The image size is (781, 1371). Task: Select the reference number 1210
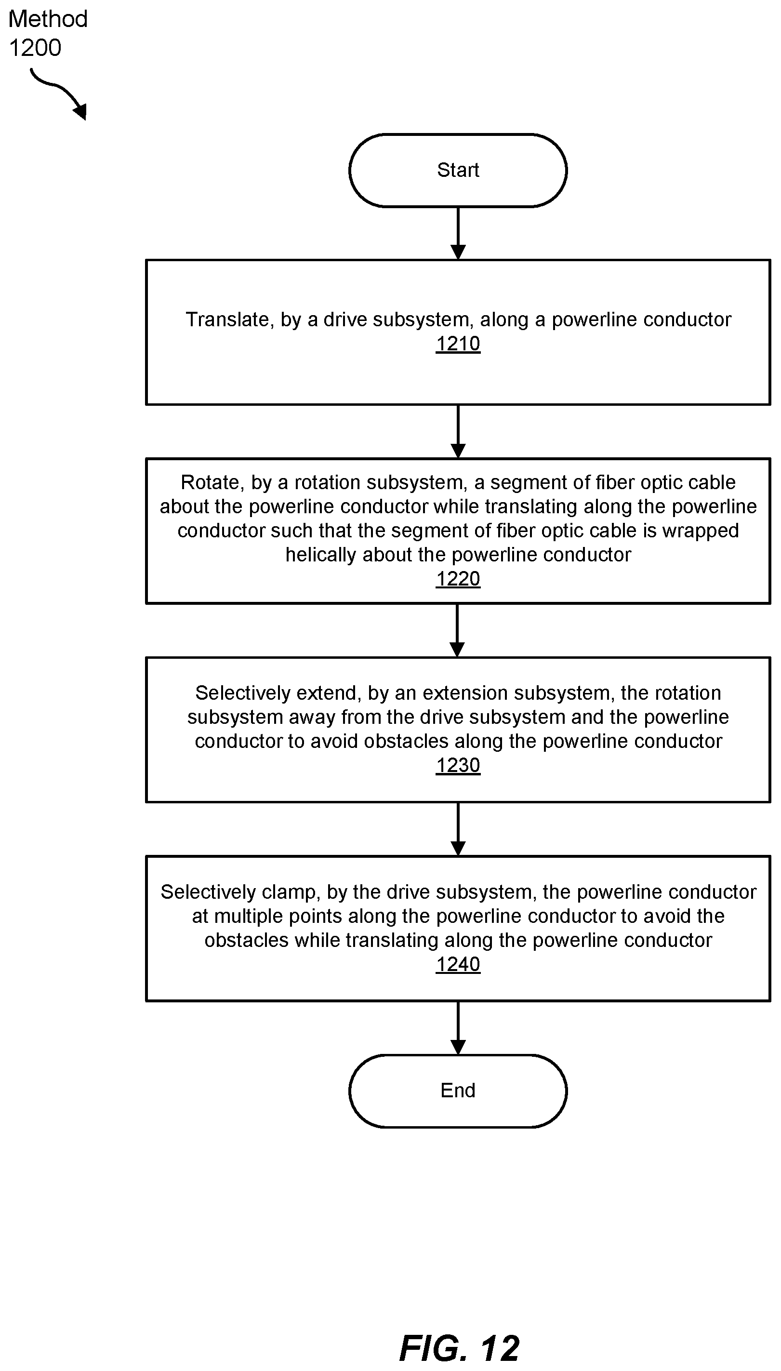pos(458,344)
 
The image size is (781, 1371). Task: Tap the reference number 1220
pos(458,579)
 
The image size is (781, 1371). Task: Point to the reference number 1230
pos(458,765)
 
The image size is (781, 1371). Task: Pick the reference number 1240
pos(458,964)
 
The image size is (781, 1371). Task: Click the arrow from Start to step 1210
pos(458,234)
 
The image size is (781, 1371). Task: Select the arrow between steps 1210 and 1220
pos(458,432)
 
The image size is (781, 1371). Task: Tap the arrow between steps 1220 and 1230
pos(457,631)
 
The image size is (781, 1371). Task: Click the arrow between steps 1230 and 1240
pos(458,829)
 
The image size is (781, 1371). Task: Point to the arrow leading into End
pos(458,1028)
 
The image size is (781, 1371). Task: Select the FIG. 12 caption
pos(460,1348)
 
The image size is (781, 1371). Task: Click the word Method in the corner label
pos(48,19)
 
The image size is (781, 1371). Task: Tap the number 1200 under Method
pos(35,48)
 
